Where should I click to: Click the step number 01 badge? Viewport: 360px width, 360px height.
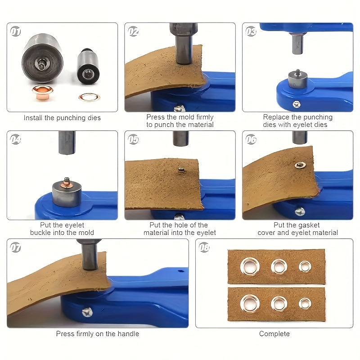[x=15, y=31]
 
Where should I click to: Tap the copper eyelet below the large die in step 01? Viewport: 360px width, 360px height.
[x=42, y=92]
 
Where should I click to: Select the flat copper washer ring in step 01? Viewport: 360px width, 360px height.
[x=90, y=97]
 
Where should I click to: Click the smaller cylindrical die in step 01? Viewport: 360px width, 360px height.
[x=88, y=67]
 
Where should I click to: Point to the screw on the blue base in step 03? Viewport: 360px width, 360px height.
[x=297, y=104]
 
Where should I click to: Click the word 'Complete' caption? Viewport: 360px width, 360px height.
[x=274, y=333]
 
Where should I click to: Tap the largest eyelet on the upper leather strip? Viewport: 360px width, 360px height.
[x=250, y=266]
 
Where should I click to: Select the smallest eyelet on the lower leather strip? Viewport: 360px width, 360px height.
[x=305, y=303]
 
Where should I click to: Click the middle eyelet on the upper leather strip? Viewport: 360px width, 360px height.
[x=279, y=266]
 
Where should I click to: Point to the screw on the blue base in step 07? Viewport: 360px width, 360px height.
[x=87, y=312]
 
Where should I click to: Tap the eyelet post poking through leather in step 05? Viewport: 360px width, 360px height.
[x=181, y=170]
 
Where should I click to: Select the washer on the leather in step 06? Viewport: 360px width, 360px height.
[x=300, y=165]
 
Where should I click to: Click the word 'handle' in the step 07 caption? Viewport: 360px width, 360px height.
[x=128, y=333]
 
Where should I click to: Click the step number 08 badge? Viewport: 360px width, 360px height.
[x=204, y=247]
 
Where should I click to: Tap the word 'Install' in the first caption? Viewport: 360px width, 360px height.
[x=33, y=118]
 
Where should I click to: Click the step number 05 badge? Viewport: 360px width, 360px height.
[x=133, y=139]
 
